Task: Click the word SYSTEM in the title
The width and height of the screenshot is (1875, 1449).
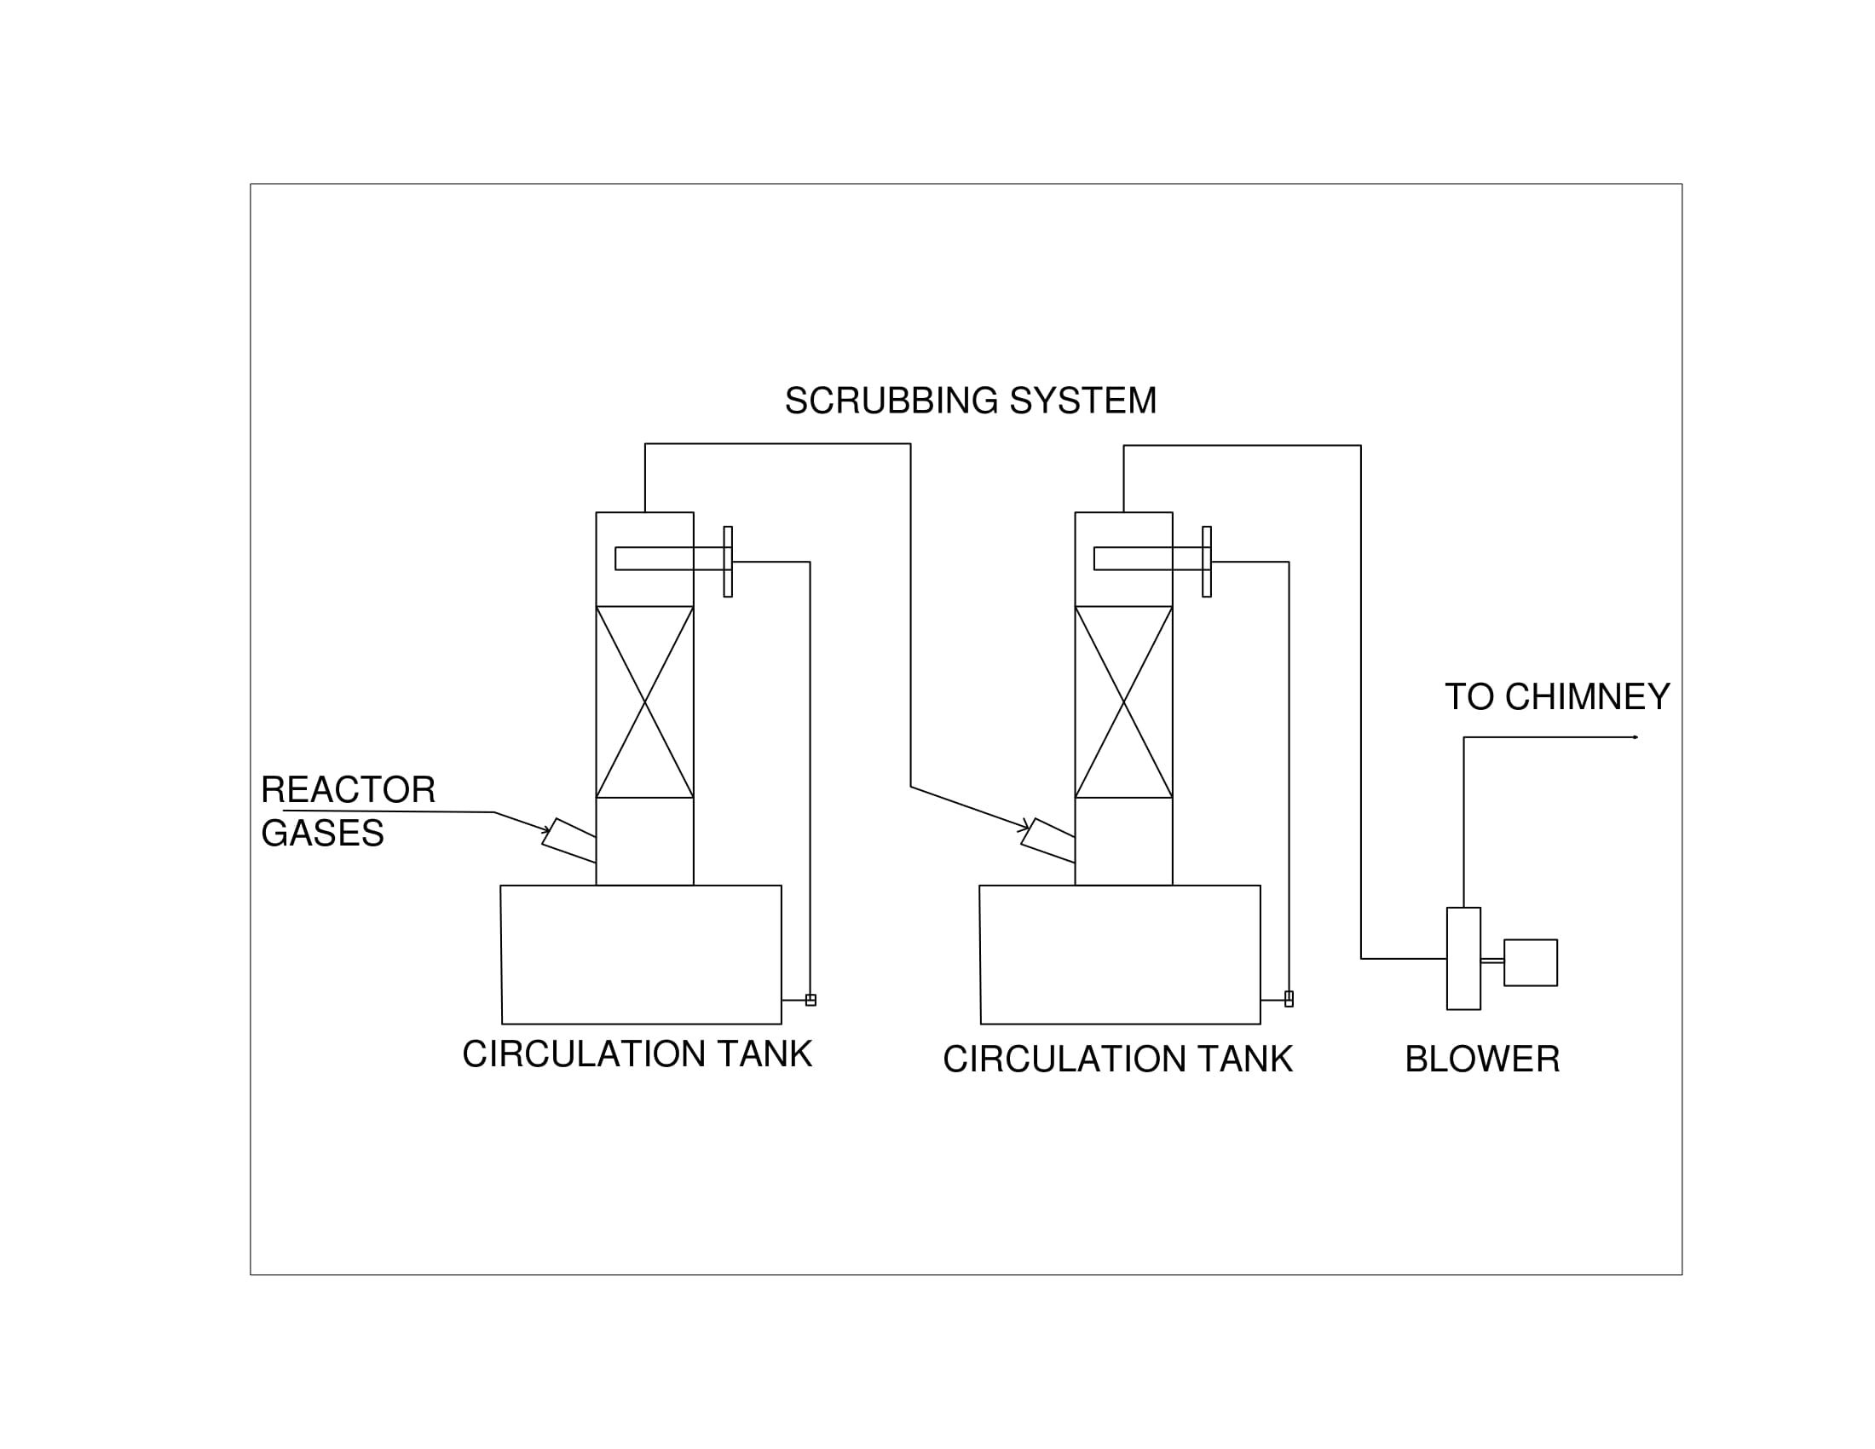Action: coord(1082,401)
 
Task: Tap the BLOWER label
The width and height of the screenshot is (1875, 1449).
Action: coord(1482,1059)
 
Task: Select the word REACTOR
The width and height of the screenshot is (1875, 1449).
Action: coord(348,790)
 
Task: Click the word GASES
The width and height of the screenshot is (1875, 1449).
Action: coord(322,834)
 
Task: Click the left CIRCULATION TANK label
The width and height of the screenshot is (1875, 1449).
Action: coord(637,1054)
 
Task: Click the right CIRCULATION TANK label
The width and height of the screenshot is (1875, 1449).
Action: coord(1117,1059)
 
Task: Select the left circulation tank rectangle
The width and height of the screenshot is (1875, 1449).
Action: coord(641,955)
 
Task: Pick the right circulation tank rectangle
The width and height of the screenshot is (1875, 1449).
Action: coord(1121,955)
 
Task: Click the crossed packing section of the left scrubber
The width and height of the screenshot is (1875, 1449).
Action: coord(645,702)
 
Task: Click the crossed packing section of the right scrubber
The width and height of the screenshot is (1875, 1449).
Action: coord(1124,702)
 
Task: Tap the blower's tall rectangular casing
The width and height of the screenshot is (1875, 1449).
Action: coord(1463,959)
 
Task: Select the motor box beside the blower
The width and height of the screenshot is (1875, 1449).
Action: coord(1531,962)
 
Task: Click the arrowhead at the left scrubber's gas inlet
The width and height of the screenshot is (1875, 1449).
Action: coord(546,830)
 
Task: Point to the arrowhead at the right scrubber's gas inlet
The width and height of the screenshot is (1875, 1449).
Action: coord(1024,828)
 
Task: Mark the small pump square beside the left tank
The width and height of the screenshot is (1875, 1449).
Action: coord(811,1000)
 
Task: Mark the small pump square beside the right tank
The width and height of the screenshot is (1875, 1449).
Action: coord(1289,999)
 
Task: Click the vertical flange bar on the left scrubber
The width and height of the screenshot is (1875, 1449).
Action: coord(728,562)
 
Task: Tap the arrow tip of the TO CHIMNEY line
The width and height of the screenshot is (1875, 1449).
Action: coord(1636,737)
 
